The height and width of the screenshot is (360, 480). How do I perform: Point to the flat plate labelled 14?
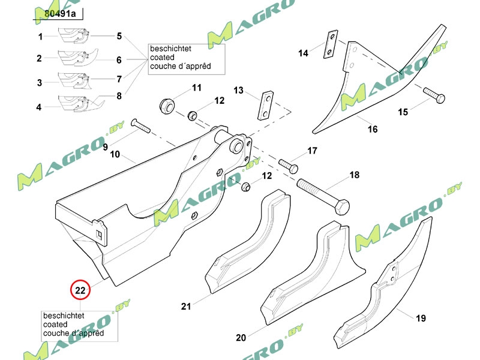(x=329, y=46)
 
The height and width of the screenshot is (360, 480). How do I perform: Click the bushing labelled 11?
(x=166, y=106)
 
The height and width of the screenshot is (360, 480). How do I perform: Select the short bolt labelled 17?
(x=289, y=164)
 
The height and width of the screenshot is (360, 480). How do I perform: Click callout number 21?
(x=186, y=307)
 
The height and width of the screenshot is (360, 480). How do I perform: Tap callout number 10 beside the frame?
(x=115, y=155)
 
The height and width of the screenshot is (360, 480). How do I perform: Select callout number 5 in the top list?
(x=119, y=37)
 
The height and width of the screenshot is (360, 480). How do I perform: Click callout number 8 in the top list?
(x=119, y=95)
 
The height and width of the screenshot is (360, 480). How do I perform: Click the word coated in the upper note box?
(x=163, y=58)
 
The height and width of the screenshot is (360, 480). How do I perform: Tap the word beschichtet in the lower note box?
(x=63, y=316)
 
